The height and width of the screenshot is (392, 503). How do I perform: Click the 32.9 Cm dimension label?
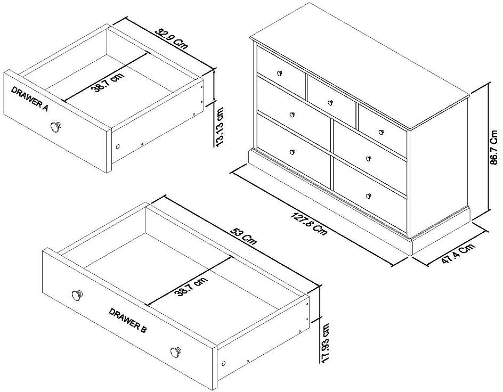tap(172, 38)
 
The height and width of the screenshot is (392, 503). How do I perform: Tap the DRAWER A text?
tap(30, 99)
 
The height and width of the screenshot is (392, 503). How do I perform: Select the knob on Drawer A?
tap(55, 127)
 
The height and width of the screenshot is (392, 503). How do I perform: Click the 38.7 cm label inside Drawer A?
tap(108, 83)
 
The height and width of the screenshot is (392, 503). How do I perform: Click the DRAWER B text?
tap(128, 321)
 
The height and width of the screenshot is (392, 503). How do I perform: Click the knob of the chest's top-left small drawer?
tap(280, 72)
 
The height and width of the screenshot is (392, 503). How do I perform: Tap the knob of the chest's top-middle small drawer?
tap(330, 102)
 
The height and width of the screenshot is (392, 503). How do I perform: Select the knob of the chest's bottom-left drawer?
tap(292, 152)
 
